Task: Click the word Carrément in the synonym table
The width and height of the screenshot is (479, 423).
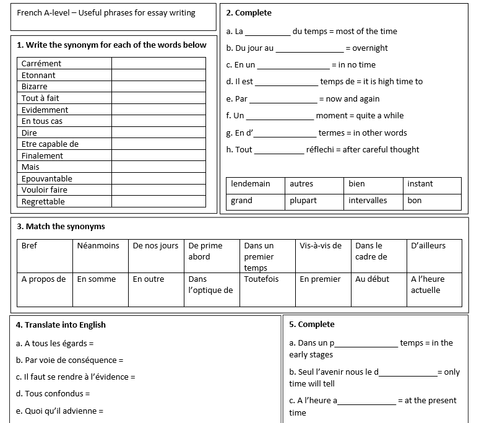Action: coord(41,64)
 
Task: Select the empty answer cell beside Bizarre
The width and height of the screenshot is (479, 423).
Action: coord(158,87)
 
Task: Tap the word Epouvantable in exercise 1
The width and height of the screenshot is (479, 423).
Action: coord(47,178)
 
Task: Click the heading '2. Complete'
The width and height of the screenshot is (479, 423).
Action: coord(249,13)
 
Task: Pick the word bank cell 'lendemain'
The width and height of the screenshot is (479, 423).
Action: coord(251,184)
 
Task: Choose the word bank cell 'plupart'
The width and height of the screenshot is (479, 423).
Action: coord(303,201)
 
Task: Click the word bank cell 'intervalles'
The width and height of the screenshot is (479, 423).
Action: coord(368,201)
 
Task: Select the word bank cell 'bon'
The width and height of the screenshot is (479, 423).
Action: coord(415,201)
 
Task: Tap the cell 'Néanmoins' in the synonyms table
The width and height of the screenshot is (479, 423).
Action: coord(98,246)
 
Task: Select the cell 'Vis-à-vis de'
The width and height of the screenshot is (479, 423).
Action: coord(321,246)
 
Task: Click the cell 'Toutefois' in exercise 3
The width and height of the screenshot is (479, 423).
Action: coord(261,279)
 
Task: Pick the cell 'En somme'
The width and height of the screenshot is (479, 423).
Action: coord(97,279)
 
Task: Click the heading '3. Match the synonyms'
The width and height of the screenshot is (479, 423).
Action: coord(61,227)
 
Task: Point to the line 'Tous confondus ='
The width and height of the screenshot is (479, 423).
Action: coord(53,394)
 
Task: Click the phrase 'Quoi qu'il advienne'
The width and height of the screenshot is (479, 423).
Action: coord(59,411)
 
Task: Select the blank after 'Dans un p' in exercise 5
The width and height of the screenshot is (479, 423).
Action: coord(366,344)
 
